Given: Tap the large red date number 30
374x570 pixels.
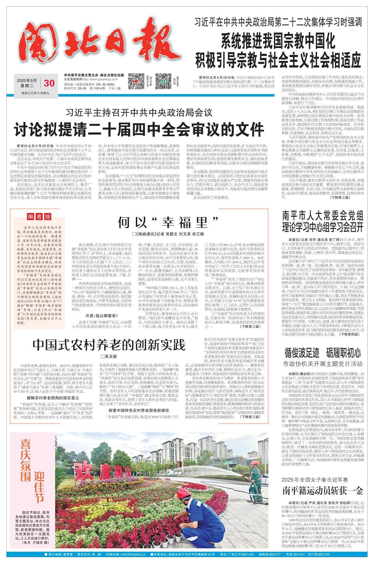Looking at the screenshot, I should pyautogui.click(x=49, y=83).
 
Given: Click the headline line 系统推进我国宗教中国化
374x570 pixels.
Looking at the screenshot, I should pyautogui.click(x=278, y=41).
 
